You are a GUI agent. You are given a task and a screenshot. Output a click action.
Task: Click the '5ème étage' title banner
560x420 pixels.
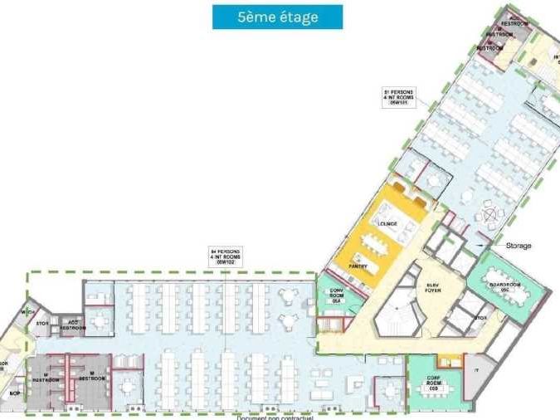(265, 17)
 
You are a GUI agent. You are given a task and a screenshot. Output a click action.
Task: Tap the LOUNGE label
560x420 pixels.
(387, 224)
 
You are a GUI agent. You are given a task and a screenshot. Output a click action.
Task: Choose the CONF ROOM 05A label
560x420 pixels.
(337, 295)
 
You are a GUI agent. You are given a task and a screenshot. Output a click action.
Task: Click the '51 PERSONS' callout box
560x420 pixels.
(398, 97)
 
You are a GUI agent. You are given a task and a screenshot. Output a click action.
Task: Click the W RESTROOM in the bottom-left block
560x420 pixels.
(46, 378)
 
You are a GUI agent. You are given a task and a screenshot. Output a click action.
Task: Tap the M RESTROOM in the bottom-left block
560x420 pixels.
(91, 378)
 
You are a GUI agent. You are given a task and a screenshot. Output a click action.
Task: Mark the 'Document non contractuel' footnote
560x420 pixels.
(275, 418)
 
